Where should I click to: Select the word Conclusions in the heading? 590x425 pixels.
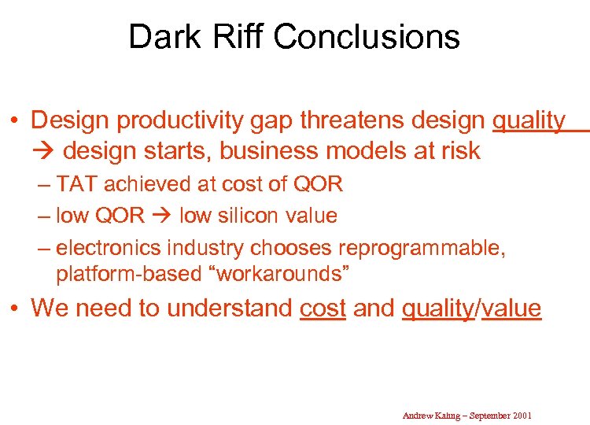point(367,37)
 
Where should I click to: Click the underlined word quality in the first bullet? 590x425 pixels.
point(529,120)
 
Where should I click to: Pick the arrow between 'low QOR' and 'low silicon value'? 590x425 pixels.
point(162,216)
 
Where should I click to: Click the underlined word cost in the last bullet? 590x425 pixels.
point(323,308)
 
